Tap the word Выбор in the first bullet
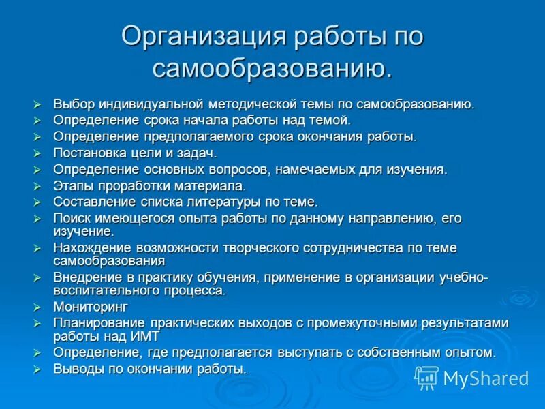pos(74,104)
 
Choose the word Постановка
pos(89,153)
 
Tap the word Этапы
pos(71,186)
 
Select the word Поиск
pos(72,219)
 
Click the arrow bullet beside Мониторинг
pos(38,307)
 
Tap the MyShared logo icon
pos(426,377)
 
